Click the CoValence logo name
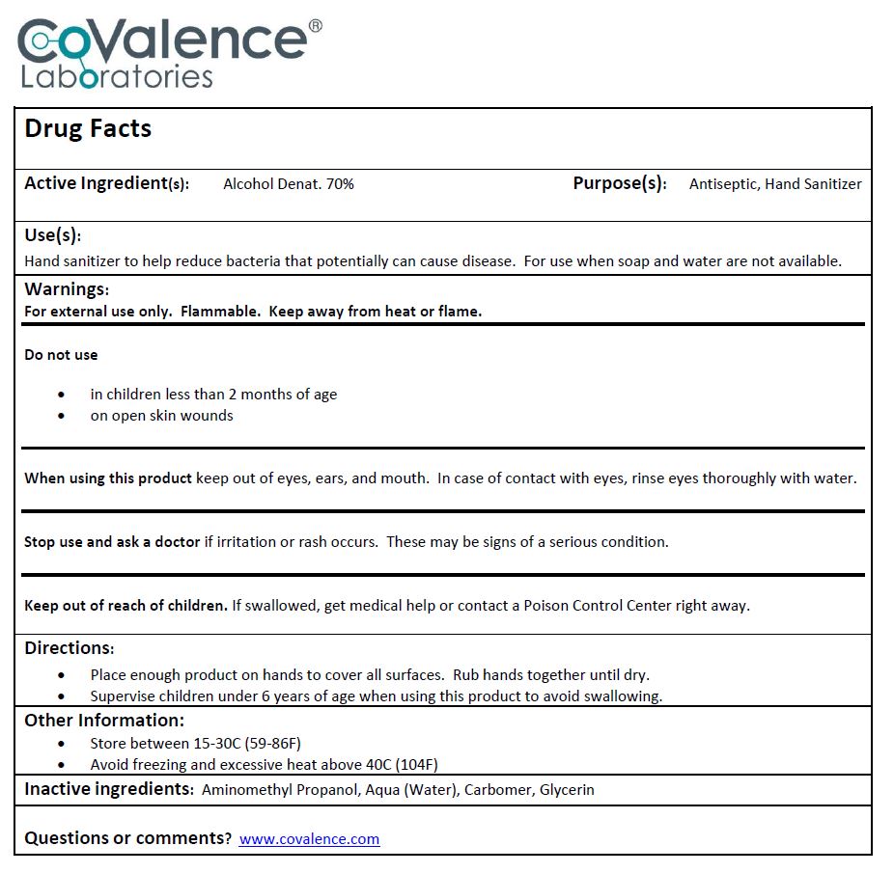[164, 41]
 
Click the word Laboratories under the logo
[117, 77]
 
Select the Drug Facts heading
[88, 129]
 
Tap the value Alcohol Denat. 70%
[288, 184]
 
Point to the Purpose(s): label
[619, 183]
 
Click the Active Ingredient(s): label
[106, 183]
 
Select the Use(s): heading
[52, 235]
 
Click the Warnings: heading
[67, 289]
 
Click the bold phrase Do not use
[61, 355]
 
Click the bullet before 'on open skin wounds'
[63, 416]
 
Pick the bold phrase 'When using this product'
[108, 478]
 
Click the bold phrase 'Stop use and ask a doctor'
[112, 542]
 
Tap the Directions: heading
[70, 648]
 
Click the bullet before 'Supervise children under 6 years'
[63, 696]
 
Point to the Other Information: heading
[104, 721]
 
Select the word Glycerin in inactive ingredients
[567, 790]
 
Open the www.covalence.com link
[309, 839]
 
